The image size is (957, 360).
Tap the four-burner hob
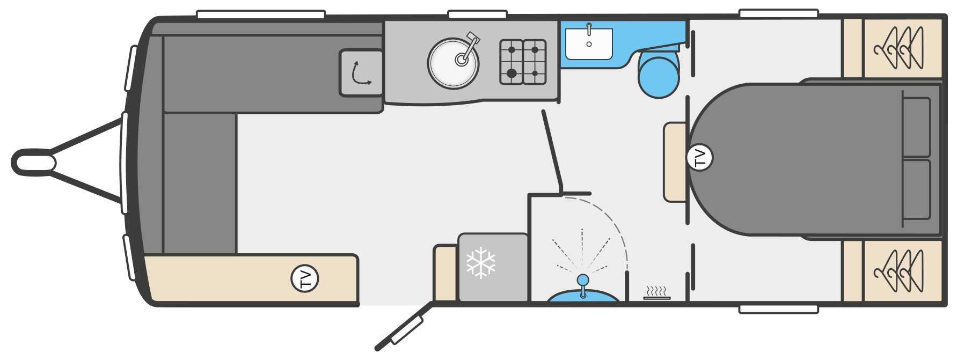click(523, 62)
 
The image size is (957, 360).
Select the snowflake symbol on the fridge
click(481, 263)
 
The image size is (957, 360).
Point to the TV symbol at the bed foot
click(699, 158)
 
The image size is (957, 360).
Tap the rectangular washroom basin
click(589, 43)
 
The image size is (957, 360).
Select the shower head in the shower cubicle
click(582, 280)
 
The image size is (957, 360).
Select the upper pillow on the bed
click(917, 127)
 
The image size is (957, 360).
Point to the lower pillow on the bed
click(917, 189)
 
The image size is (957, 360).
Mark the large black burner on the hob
click(512, 73)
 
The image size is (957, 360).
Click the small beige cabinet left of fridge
click(445, 273)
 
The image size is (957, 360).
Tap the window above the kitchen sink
click(478, 14)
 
